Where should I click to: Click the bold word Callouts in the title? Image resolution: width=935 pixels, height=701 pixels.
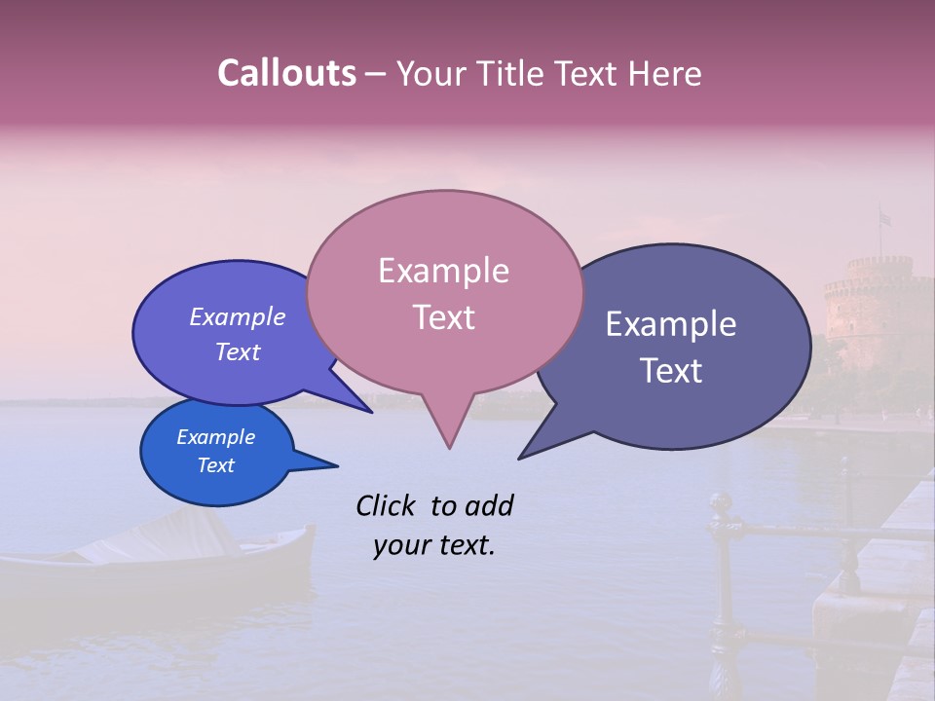(x=286, y=73)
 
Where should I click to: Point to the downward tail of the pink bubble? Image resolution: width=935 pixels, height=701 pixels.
(x=449, y=428)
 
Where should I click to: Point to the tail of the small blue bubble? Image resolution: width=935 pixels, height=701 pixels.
(x=321, y=464)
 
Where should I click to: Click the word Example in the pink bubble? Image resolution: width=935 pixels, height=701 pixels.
(x=443, y=271)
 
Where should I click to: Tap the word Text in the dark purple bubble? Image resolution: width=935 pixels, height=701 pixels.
(x=671, y=371)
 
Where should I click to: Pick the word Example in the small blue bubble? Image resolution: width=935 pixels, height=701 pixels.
(x=216, y=437)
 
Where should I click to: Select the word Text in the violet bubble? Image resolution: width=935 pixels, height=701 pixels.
(x=238, y=352)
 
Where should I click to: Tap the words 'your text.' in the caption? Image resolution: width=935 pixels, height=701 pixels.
(x=434, y=545)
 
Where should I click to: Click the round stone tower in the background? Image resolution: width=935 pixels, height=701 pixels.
(x=877, y=312)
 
